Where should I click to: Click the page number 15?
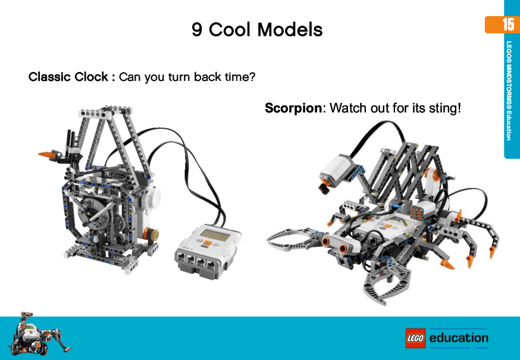(x=508, y=24)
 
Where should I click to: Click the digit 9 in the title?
(x=197, y=29)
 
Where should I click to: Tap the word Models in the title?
(x=289, y=29)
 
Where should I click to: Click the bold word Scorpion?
(x=293, y=108)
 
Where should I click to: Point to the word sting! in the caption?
(x=444, y=108)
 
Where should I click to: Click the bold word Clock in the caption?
(x=92, y=77)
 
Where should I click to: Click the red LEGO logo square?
(x=415, y=338)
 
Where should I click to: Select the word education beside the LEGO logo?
(x=459, y=338)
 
